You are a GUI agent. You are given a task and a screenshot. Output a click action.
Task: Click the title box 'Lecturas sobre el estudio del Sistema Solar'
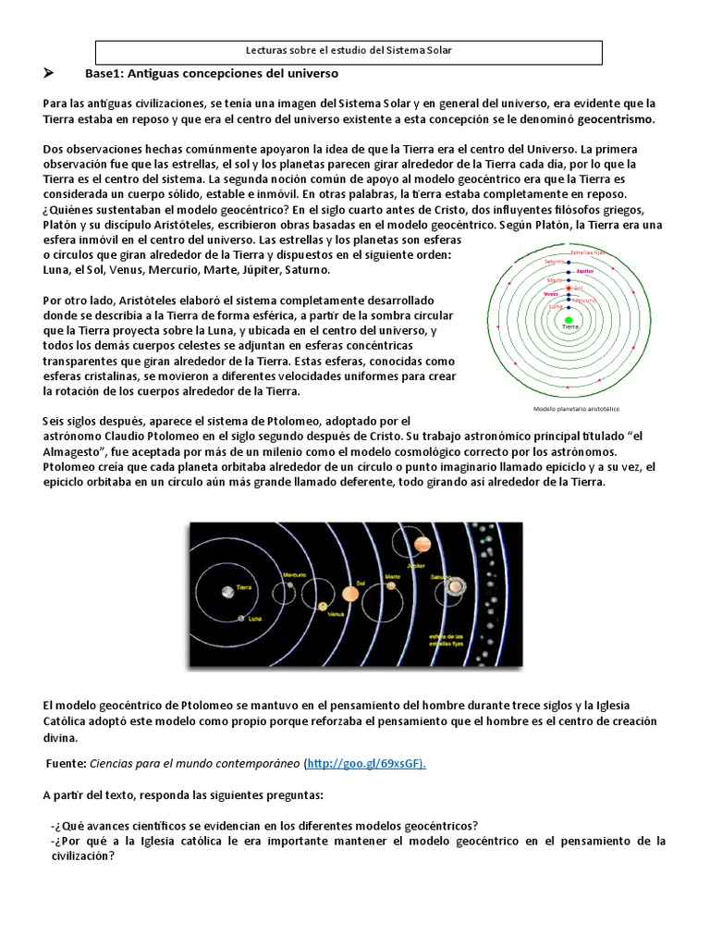pos(349,51)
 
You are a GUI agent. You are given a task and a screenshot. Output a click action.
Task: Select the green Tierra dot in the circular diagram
pos(568,319)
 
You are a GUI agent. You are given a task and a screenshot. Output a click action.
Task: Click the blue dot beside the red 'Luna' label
pos(568,304)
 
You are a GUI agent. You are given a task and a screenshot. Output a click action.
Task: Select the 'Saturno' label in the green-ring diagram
pos(556,262)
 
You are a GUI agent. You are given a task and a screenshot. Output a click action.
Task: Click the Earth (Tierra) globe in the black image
pos(225,591)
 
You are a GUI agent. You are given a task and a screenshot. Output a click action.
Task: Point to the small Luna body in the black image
pos(241,618)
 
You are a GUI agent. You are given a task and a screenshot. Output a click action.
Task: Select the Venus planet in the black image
pos(323,607)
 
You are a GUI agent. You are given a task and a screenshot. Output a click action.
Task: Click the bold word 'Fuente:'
pos(67,763)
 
